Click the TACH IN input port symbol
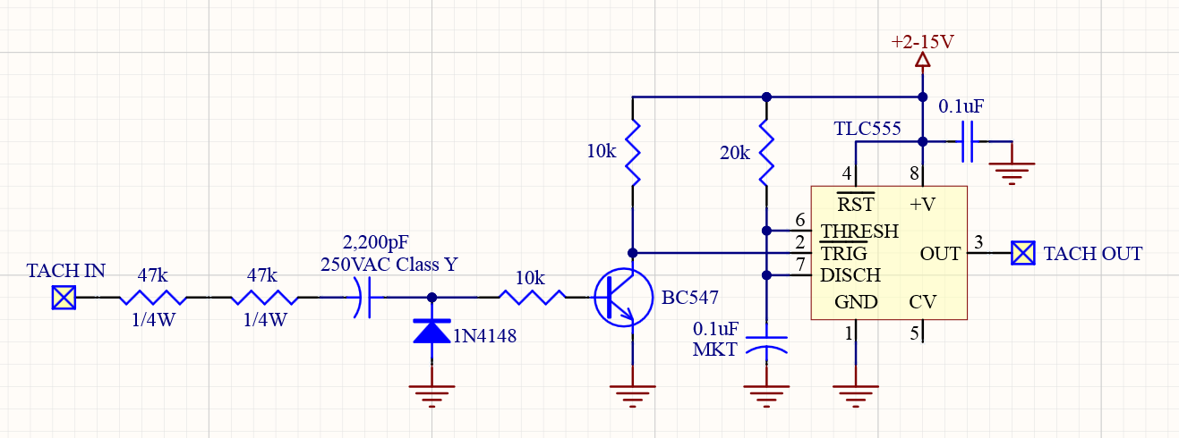tap(64, 297)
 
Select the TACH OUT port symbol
tap(1023, 253)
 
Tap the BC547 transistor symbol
tap(619, 298)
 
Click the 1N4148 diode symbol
tap(432, 331)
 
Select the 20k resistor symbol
tap(765, 152)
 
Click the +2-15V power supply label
tap(922, 41)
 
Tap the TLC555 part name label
tap(867, 130)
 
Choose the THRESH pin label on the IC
tap(859, 232)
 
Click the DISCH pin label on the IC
tap(850, 275)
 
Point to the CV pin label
tap(922, 302)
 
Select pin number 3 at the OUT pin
tap(978, 242)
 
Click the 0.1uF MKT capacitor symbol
tap(765, 347)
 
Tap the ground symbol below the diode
tap(432, 392)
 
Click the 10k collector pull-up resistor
tap(633, 152)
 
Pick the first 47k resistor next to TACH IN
tap(153, 297)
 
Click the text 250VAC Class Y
tap(389, 265)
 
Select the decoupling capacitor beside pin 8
tap(967, 141)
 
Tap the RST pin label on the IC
tap(855, 204)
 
